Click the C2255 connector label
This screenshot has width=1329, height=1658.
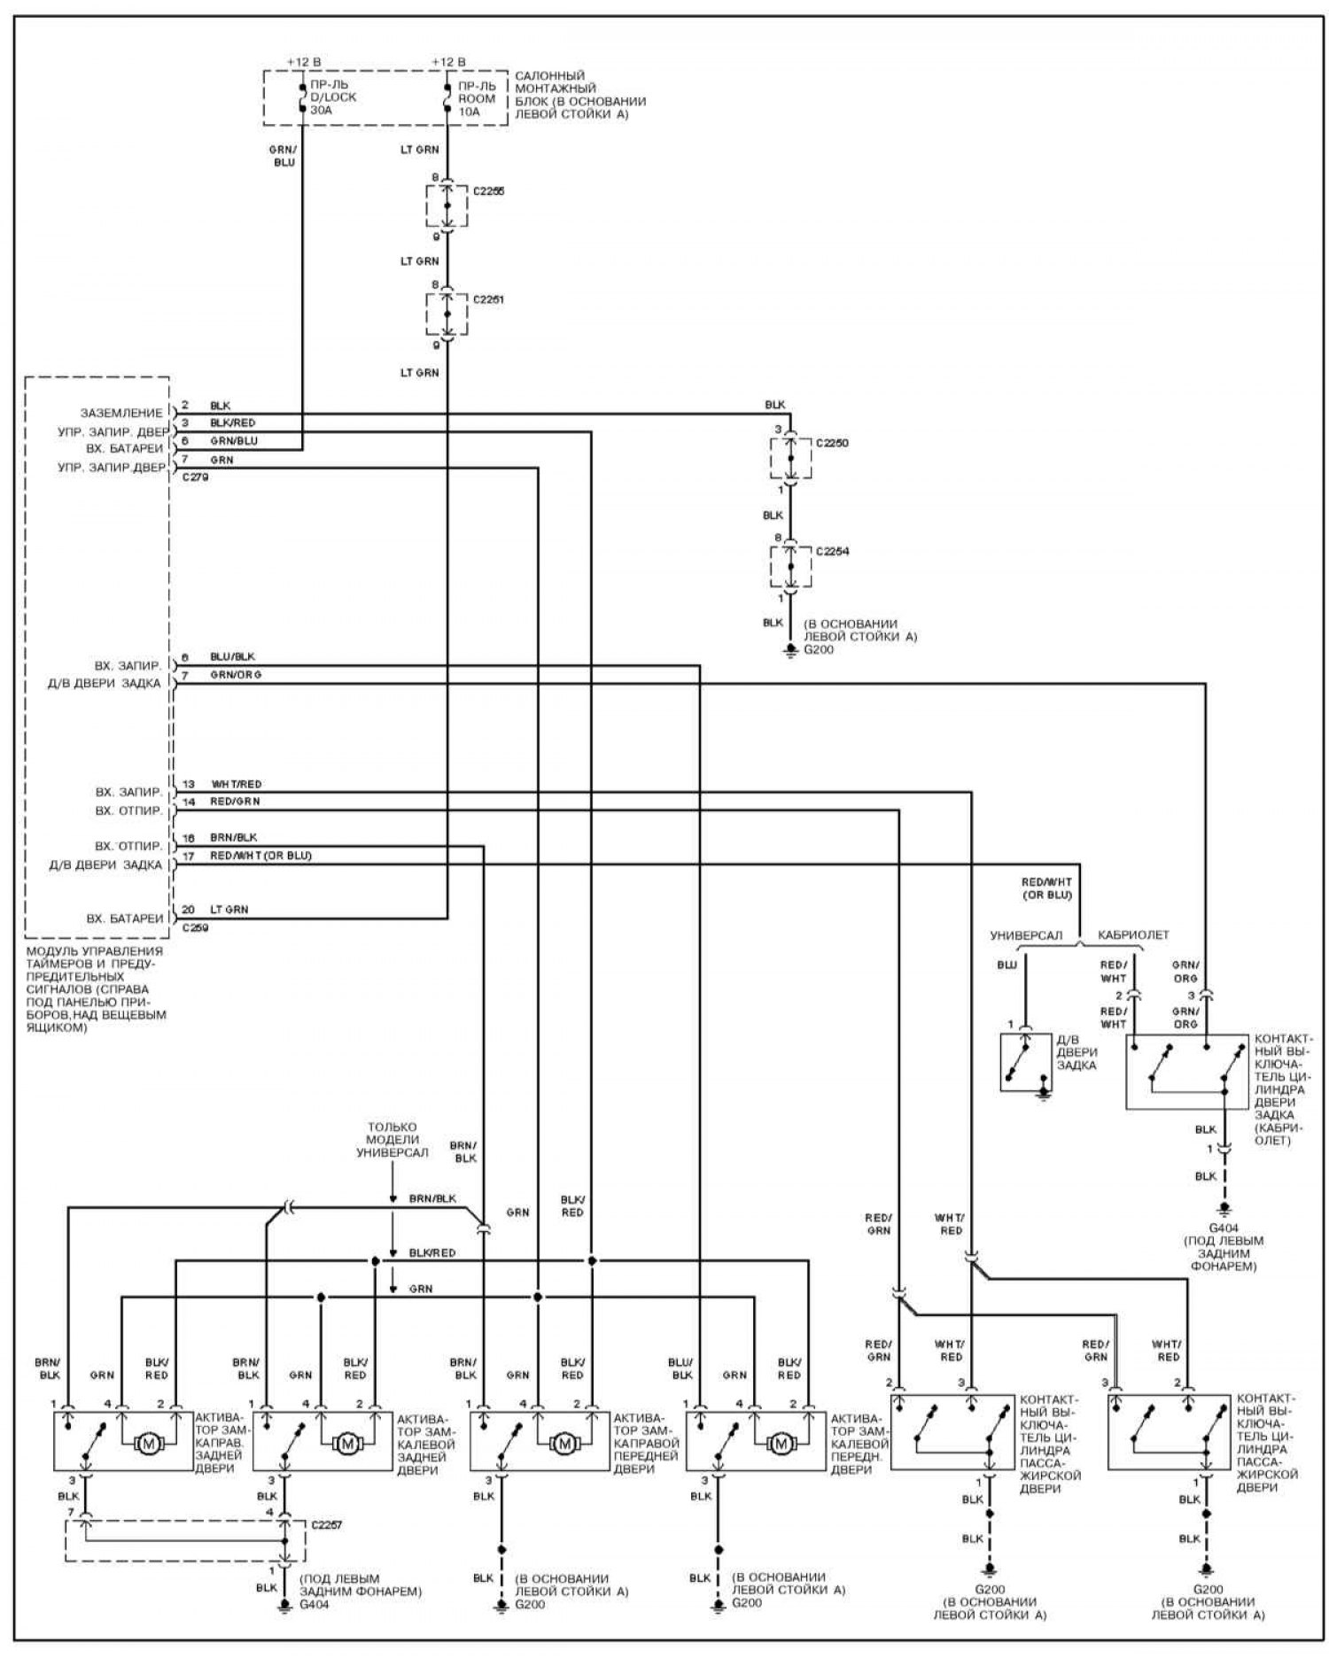click(x=488, y=191)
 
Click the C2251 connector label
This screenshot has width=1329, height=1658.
click(x=488, y=300)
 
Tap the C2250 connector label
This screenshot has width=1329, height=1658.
click(x=832, y=443)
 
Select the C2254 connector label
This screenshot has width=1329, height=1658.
click(x=832, y=552)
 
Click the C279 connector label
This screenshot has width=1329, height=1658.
click(x=196, y=477)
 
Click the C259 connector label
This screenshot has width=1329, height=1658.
click(x=196, y=928)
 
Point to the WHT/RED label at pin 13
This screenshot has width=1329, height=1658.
click(x=237, y=785)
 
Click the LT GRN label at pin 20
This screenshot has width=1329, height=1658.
click(x=229, y=910)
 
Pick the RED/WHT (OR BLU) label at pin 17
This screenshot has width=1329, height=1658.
click(x=260, y=856)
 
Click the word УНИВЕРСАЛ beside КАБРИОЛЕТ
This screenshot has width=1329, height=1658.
click(x=1026, y=935)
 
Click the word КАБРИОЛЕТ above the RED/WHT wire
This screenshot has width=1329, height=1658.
click(x=1133, y=935)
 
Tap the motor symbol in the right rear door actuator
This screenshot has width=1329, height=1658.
click(x=149, y=1444)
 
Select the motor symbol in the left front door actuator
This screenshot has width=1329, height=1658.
click(x=781, y=1444)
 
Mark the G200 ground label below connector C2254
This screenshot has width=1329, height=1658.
click(x=819, y=650)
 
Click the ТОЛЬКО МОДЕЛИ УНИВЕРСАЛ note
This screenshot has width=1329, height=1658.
click(x=392, y=1140)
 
